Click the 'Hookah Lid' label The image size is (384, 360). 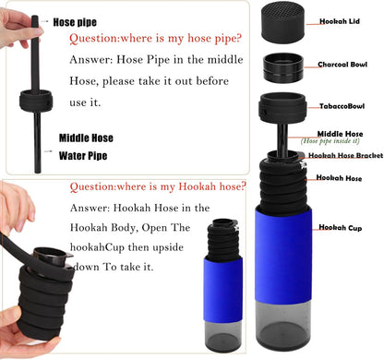(340, 21)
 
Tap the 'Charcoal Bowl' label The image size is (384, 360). (342, 65)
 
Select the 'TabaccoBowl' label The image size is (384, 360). (342, 106)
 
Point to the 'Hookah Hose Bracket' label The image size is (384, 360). (346, 155)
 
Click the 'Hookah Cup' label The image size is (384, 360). (341, 228)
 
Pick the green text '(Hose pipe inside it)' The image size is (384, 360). (330, 141)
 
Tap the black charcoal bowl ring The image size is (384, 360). (283, 67)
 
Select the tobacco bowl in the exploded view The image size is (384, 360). (282, 108)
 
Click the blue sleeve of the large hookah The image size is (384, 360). (283, 255)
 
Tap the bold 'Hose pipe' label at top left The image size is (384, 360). (75, 22)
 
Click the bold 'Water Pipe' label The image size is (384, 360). (83, 156)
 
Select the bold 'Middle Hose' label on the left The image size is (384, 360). (86, 138)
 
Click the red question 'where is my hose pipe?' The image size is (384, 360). (155, 39)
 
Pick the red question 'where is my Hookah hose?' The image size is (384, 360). (158, 186)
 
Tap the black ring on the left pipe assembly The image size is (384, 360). (36, 101)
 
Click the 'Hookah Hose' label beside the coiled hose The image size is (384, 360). (339, 178)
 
